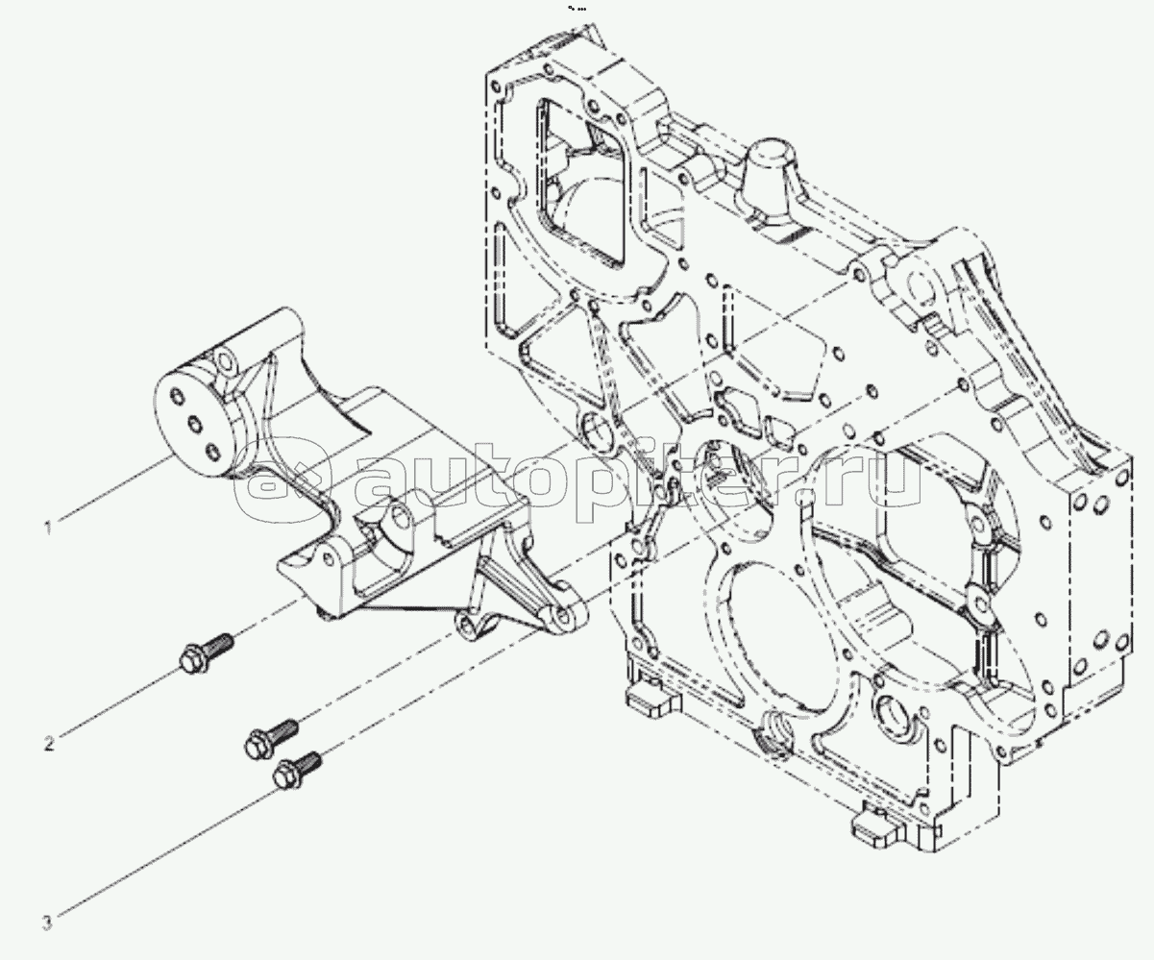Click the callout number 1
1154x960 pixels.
pyautogui.click(x=45, y=526)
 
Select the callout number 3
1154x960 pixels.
pyautogui.click(x=45, y=925)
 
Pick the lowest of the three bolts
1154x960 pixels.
pyautogui.click(x=295, y=770)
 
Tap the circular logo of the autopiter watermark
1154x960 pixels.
pyautogui.click(x=278, y=480)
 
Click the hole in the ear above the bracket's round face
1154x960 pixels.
pyautogui.click(x=227, y=363)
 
